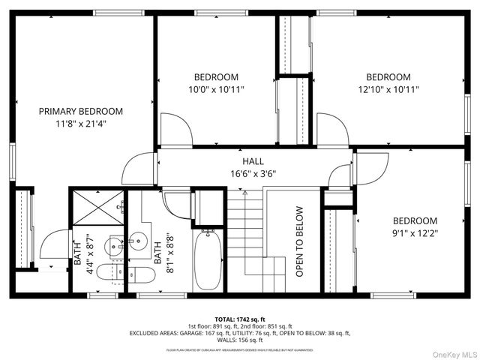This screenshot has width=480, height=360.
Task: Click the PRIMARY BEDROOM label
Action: click(x=81, y=111)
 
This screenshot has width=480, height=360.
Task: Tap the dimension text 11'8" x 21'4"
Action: click(x=81, y=124)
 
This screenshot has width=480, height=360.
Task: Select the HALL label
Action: click(x=253, y=162)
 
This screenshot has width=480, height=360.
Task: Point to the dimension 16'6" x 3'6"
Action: click(x=253, y=174)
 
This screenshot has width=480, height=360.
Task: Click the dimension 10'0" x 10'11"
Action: click(x=216, y=89)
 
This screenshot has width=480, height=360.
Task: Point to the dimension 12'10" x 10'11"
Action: click(x=388, y=89)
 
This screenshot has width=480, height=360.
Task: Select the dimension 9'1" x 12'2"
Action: click(x=415, y=233)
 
